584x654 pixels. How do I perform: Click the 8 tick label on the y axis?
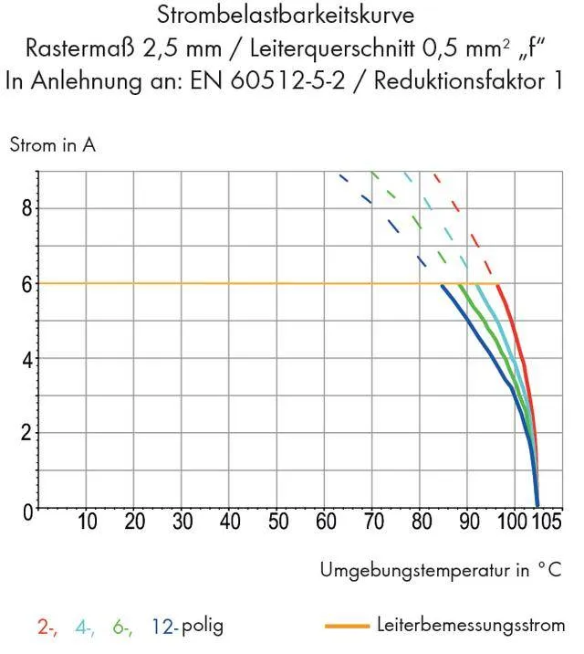[x=27, y=208]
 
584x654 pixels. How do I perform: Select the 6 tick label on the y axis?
[x=27, y=284]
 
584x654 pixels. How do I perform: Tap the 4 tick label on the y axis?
[x=27, y=359]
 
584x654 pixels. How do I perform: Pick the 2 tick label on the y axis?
[x=27, y=433]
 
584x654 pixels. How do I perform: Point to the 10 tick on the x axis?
[x=88, y=522]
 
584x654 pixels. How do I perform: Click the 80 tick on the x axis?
[x=421, y=522]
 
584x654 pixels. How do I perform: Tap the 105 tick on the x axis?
[x=547, y=522]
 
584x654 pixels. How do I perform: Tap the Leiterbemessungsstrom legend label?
[x=470, y=626]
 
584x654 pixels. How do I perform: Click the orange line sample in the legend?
[x=346, y=627]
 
